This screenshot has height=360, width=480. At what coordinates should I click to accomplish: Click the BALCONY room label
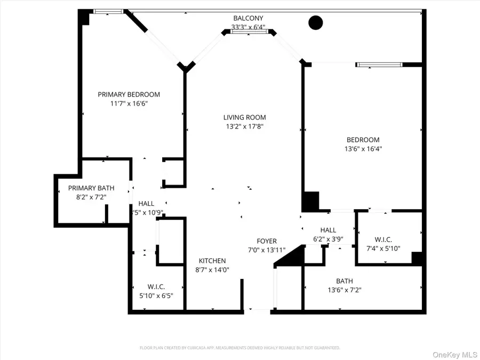248,18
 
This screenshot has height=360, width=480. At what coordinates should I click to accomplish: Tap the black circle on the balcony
316,22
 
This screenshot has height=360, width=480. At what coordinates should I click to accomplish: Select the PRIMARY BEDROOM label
129,94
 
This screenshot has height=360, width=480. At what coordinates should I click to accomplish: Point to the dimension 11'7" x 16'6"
129,103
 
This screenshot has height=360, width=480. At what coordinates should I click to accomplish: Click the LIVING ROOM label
244,117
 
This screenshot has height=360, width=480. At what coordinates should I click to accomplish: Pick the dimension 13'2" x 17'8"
244,126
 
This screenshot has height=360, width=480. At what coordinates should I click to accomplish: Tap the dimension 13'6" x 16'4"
364,149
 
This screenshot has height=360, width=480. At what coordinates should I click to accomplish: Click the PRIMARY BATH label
91,188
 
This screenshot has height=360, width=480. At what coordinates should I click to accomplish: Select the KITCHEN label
212,261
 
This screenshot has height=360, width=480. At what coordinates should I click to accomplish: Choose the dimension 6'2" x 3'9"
328,239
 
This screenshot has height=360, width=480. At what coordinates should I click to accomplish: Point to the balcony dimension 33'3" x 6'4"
248,27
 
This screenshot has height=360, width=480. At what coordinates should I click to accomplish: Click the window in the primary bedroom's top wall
108,11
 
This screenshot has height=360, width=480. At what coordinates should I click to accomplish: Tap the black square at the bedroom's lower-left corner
310,201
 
